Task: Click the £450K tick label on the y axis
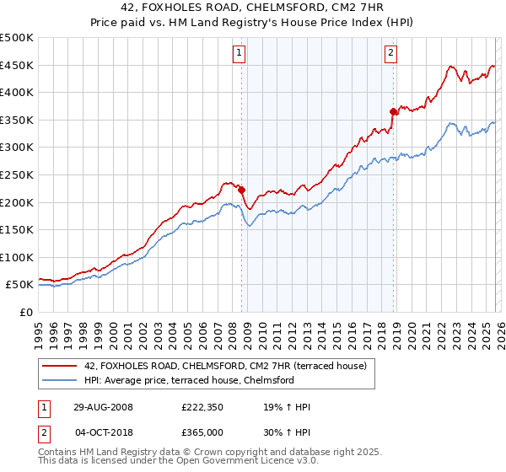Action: click(x=17, y=65)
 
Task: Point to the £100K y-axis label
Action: click(x=17, y=257)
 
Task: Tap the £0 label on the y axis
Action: click(x=25, y=312)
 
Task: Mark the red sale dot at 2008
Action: click(x=241, y=190)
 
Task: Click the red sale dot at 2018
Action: click(x=393, y=111)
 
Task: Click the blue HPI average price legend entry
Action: click(x=188, y=380)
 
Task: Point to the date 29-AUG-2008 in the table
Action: click(x=103, y=407)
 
